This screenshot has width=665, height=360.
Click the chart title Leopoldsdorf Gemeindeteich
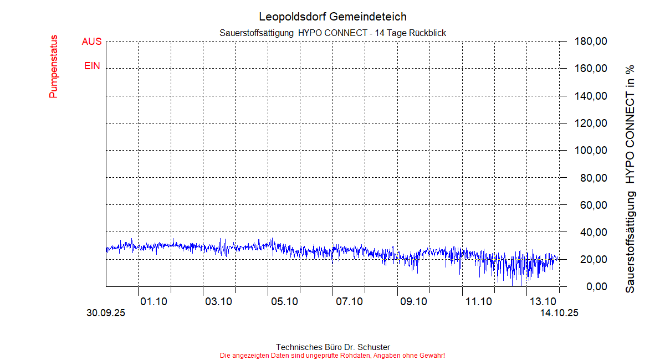click(332, 17)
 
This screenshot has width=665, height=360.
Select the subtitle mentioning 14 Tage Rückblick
click(332, 33)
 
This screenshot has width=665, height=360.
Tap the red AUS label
click(92, 42)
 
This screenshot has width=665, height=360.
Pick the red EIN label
click(93, 66)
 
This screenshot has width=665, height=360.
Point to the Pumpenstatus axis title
click(54, 66)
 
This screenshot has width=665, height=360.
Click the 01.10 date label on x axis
click(154, 301)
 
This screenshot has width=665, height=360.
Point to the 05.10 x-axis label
click(284, 301)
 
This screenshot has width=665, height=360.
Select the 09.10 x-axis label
click(413, 301)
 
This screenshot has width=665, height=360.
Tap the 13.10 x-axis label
click(543, 301)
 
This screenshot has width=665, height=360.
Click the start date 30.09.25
click(106, 313)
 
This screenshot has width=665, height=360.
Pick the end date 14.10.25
click(560, 313)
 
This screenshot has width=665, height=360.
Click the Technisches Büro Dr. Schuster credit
click(332, 347)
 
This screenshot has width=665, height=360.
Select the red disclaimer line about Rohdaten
click(332, 355)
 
